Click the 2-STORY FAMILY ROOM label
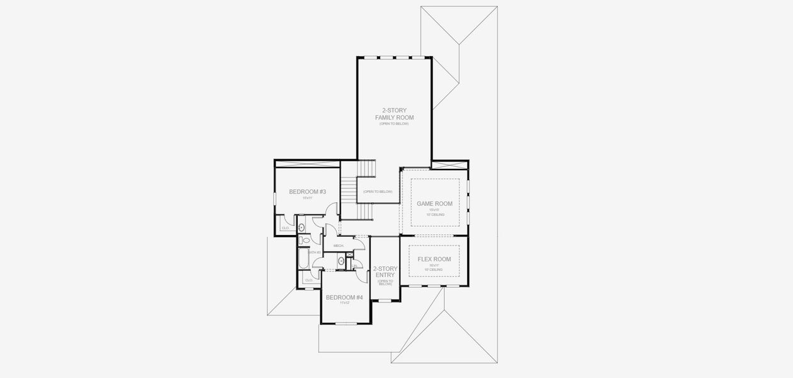click(x=394, y=114)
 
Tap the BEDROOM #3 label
click(x=307, y=192)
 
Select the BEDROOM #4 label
click(x=344, y=297)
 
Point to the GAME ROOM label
click(x=435, y=203)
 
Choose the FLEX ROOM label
click(x=435, y=259)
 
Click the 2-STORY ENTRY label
click(x=385, y=272)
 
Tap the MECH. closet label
click(x=338, y=246)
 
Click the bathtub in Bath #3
click(x=304, y=259)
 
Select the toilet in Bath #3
click(x=305, y=240)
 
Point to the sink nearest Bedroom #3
click(x=301, y=227)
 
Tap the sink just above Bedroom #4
click(x=340, y=260)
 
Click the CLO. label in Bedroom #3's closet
click(x=285, y=227)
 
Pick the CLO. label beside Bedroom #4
click(x=308, y=280)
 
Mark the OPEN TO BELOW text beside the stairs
click(x=378, y=192)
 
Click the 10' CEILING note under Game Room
click(x=435, y=215)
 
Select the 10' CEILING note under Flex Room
click(x=435, y=270)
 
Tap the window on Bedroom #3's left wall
click(x=275, y=198)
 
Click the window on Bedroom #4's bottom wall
click(x=344, y=323)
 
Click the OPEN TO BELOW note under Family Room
click(x=394, y=124)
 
